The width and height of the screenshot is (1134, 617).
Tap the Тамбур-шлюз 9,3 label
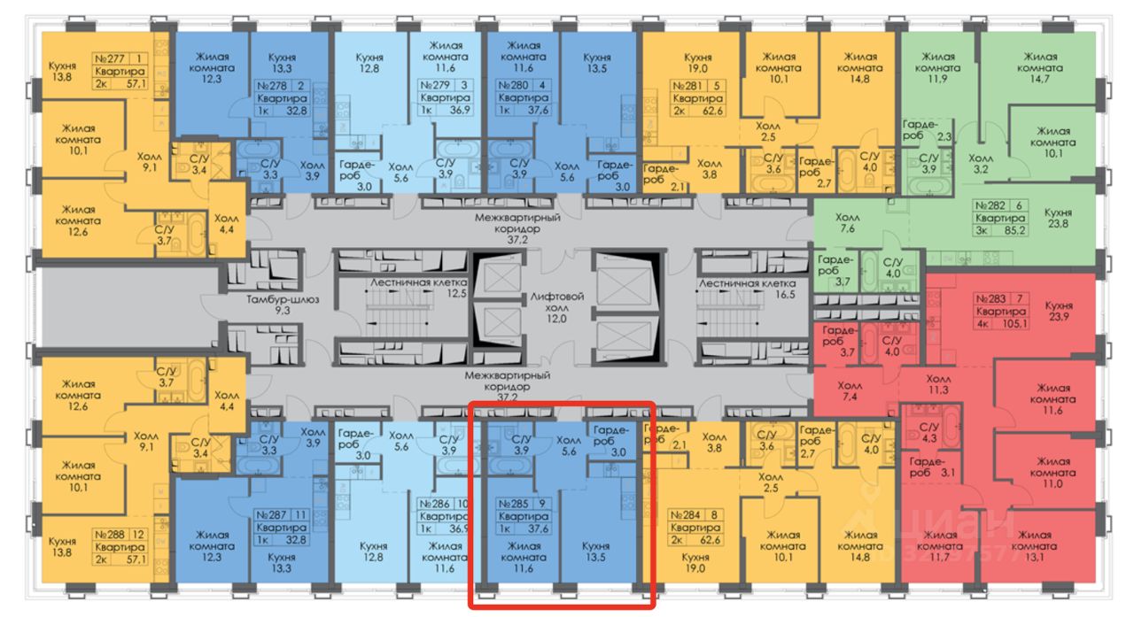pos(283,305)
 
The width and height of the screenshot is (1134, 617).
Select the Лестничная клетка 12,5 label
pos(405,288)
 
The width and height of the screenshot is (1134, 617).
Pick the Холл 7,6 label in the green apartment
pos(848,223)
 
